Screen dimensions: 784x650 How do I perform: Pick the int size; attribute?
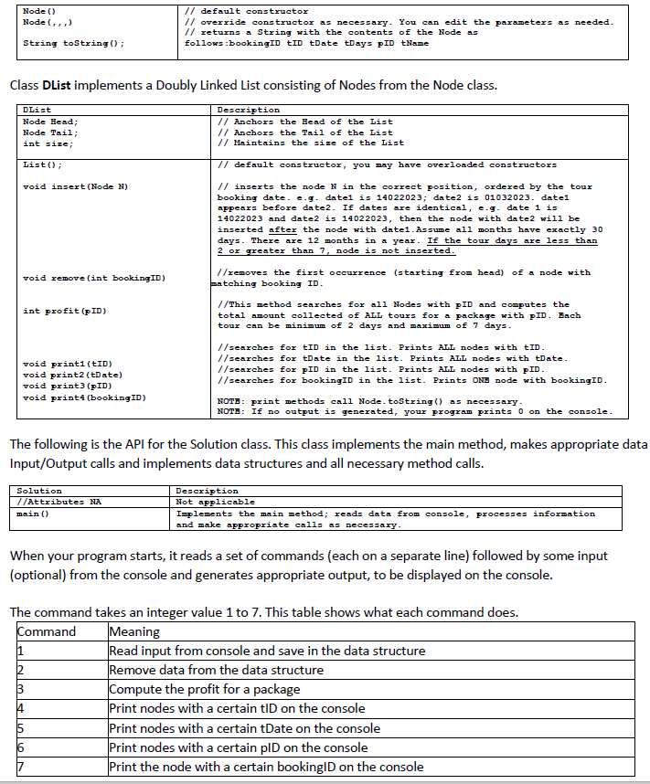44,143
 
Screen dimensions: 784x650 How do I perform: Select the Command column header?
48,631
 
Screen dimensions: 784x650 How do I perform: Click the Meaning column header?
134,631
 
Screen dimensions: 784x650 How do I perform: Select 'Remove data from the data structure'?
216,670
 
